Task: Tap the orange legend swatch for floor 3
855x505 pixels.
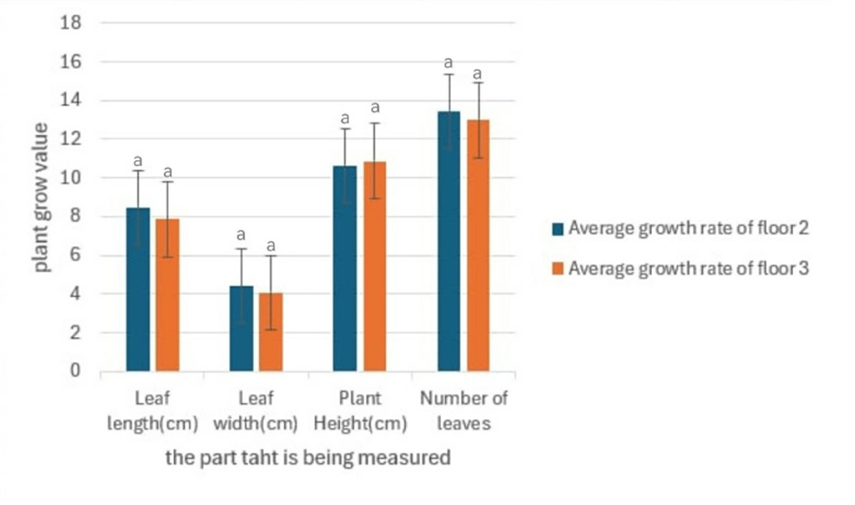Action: tap(559, 269)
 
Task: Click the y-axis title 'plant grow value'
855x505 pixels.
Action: tap(42, 198)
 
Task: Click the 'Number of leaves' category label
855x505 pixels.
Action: tap(464, 411)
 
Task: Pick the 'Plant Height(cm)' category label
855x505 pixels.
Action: tap(360, 411)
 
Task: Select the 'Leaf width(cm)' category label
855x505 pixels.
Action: tap(255, 411)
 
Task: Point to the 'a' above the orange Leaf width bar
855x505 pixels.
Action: tap(270, 245)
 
